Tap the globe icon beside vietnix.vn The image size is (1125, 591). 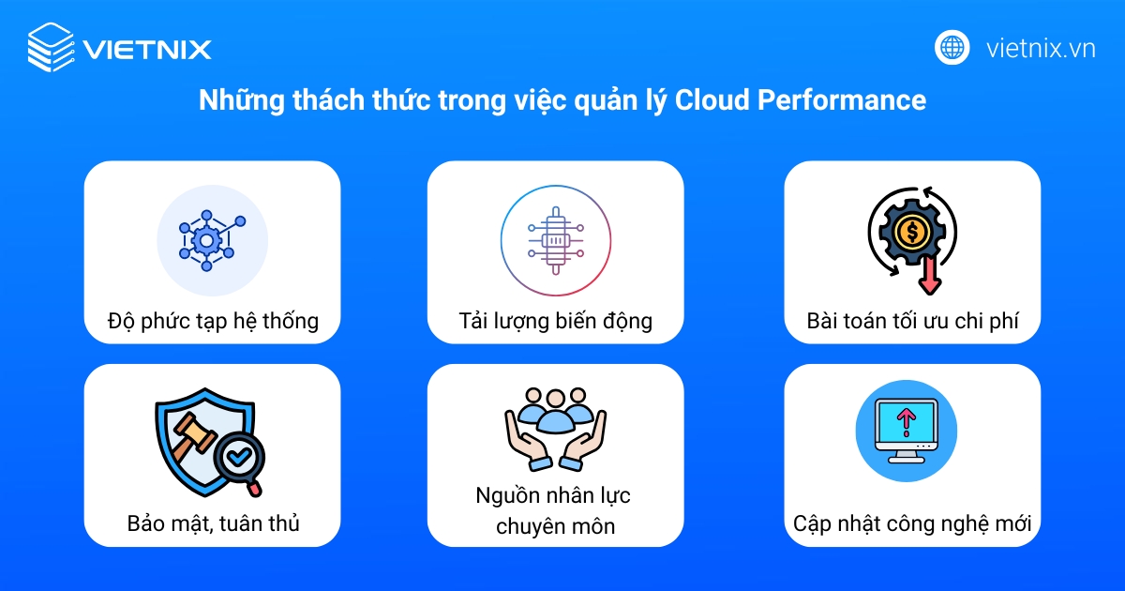952,47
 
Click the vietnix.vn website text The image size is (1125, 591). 1041,48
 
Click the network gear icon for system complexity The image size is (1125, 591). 212,240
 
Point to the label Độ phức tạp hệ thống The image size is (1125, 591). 213,322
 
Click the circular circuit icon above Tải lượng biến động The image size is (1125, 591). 555,240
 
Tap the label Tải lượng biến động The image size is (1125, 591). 555,322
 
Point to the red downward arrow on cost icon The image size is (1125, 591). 930,274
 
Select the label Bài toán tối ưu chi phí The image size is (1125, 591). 912,322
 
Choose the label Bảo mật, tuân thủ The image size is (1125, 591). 213,523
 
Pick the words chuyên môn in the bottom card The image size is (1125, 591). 555,526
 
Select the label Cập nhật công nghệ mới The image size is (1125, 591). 912,523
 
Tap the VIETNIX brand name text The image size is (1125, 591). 147,49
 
